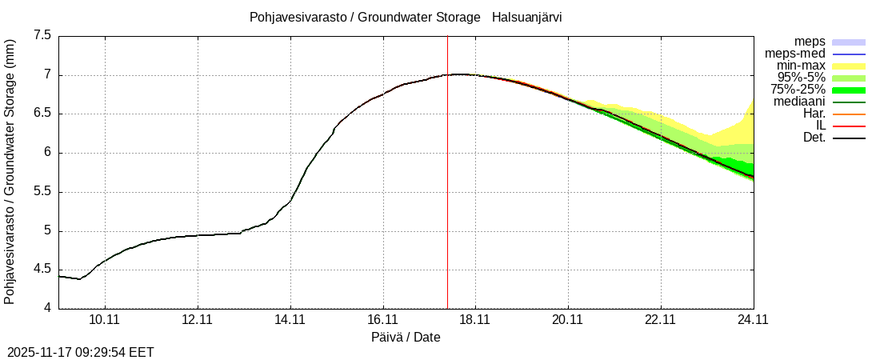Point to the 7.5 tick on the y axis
[x=42, y=36]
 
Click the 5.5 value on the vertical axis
[x=42, y=192]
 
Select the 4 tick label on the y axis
[x=47, y=309]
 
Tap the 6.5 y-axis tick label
[x=42, y=114]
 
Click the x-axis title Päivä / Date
[x=406, y=338]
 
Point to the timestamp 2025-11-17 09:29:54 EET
[x=81, y=352]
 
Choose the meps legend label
[x=810, y=42]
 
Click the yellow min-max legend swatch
[x=849, y=66]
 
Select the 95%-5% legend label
[x=798, y=78]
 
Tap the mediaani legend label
[x=799, y=102]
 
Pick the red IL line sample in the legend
[x=849, y=126]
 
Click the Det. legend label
[x=813, y=138]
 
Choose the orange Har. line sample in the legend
[x=849, y=114]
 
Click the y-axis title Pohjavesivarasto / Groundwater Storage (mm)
[x=10, y=171]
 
